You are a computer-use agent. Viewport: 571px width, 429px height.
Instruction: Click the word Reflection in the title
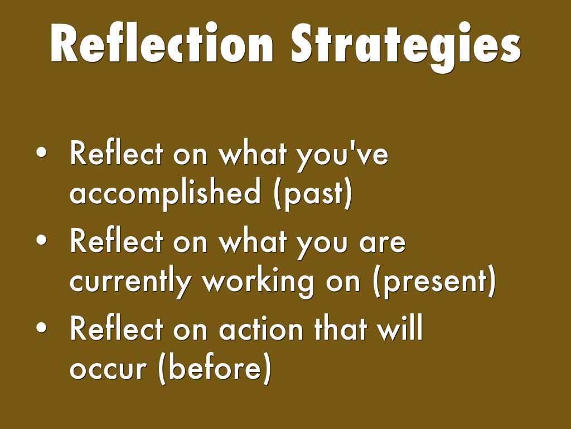162,44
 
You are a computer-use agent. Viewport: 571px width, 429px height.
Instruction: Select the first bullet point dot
41,152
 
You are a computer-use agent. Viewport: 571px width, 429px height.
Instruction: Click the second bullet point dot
41,240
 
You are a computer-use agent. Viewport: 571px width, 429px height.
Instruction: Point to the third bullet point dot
41,327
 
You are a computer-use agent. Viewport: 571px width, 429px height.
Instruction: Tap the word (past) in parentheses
313,194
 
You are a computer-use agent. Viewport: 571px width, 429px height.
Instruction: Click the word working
258,283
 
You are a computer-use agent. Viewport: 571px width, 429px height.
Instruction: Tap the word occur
108,369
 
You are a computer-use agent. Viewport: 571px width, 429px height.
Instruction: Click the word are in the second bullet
383,242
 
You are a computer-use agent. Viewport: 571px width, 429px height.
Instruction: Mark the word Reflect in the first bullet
116,152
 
